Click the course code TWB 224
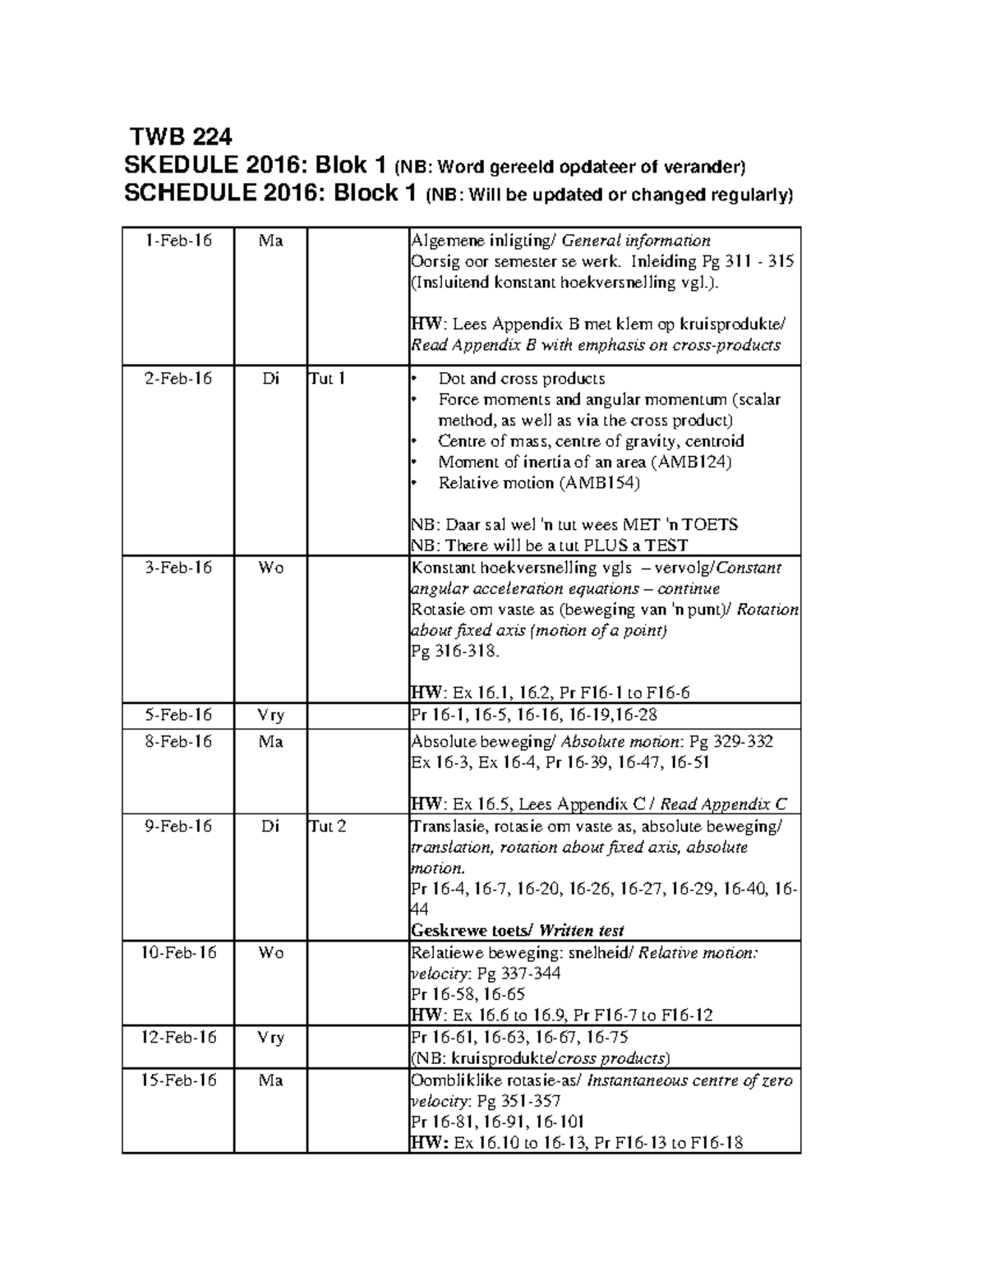[x=182, y=136]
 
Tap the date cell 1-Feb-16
[x=177, y=241]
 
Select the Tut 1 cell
[x=327, y=379]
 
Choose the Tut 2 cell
[x=328, y=827]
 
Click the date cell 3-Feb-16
[x=177, y=568]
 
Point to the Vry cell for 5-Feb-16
[x=270, y=715]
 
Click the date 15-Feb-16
[x=177, y=1080]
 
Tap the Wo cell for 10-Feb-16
[x=270, y=953]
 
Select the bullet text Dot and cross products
[x=521, y=379]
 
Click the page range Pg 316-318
[x=454, y=652]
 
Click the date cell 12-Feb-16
[x=177, y=1038]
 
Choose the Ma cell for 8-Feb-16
[x=270, y=742]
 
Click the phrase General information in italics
[x=636, y=241]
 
